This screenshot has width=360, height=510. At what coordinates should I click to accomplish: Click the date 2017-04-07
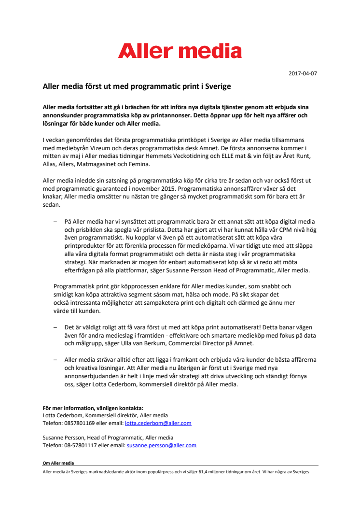(303, 74)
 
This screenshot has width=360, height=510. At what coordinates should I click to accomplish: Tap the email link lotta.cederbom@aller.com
(158, 423)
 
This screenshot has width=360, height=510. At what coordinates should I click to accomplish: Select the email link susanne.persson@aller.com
(161, 445)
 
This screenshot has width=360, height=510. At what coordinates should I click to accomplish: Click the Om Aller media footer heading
(58, 463)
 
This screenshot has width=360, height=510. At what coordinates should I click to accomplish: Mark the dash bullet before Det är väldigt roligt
(55, 327)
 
